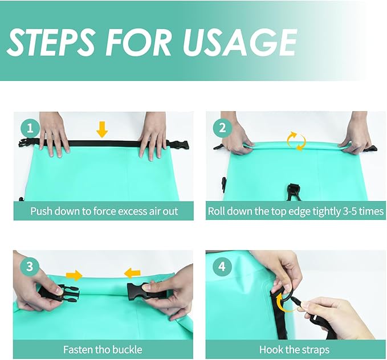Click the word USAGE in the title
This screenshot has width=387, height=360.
coord(239,42)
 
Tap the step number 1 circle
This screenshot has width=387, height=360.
coord(30,128)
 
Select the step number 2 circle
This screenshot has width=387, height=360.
coord(222,128)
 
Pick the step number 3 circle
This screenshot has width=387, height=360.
coord(30,267)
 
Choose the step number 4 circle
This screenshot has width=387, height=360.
coord(222,267)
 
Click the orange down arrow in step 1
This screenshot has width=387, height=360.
coord(102,129)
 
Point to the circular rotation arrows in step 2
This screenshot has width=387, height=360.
coord(296,141)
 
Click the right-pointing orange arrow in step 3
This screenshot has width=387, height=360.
coord(74,275)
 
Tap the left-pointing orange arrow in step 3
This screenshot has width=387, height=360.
coord(132,273)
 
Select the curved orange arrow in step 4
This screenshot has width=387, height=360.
coord(282,301)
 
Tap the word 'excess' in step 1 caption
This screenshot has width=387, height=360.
coord(132,211)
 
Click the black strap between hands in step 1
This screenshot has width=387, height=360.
coord(104,144)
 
